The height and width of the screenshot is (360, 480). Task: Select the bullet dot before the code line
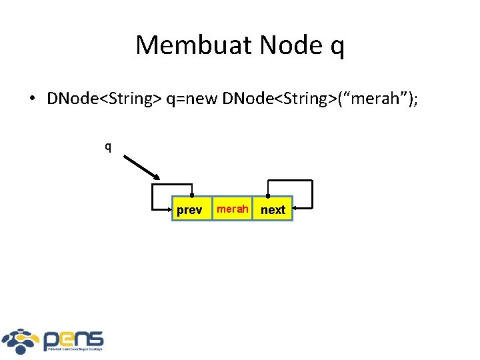pyautogui.click(x=31, y=99)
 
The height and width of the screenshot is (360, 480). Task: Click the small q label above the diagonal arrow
pyautogui.click(x=107, y=146)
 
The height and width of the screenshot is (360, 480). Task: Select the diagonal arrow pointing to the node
pyautogui.click(x=141, y=167)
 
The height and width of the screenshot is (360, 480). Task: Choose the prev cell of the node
pyautogui.click(x=189, y=209)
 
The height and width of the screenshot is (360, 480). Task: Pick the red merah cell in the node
pyautogui.click(x=233, y=209)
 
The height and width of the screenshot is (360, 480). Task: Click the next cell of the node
pyautogui.click(x=273, y=209)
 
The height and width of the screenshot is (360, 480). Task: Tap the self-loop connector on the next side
pyautogui.click(x=311, y=193)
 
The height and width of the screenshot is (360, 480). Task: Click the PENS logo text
pyautogui.click(x=73, y=339)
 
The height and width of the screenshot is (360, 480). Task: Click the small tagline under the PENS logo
pyautogui.click(x=73, y=349)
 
